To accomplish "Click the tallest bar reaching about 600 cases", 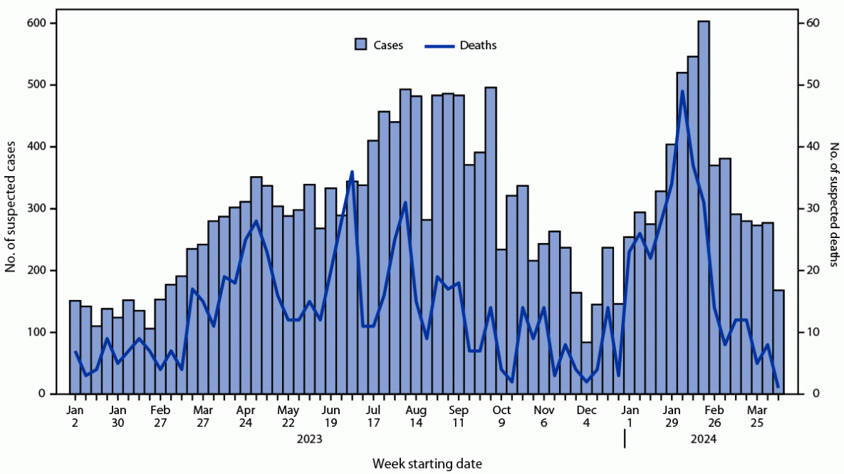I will pos(703,207).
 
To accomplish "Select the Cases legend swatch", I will pos(361,45).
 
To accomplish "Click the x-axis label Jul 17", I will pos(373,416).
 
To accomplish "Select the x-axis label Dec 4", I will pos(587,416).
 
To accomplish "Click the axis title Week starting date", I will pos(427,464).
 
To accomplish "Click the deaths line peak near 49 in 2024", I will pos(682,91).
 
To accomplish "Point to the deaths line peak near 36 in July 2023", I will pos(352,172).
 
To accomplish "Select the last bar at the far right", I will pos(778,342).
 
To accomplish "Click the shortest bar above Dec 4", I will pos(586,368).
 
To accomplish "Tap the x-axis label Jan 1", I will pos(630,416).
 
